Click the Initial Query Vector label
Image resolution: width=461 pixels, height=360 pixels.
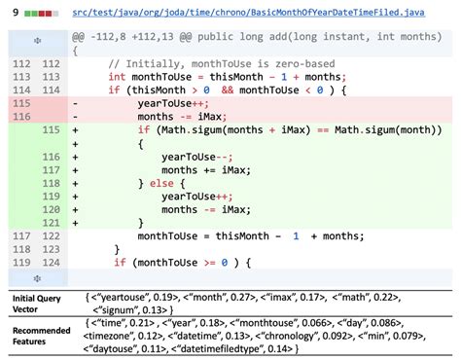pyautogui.click(x=40, y=301)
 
